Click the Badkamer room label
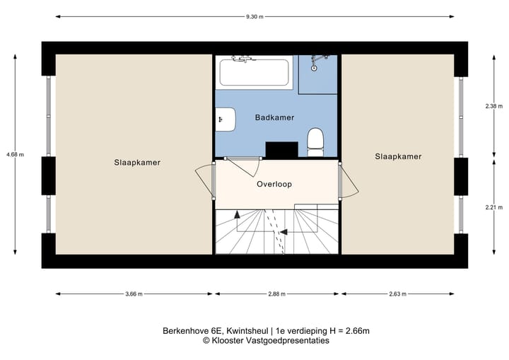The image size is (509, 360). point(275,117)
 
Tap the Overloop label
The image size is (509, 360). point(274,184)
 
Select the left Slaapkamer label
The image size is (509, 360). point(137,162)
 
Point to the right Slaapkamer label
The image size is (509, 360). point(399,157)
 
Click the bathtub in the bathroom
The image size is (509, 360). point(254,73)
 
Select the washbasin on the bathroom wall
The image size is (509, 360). point(225,118)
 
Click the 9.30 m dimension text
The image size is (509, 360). point(254,16)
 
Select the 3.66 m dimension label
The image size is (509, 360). point(134,294)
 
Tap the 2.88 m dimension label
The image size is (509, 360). point(275,294)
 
